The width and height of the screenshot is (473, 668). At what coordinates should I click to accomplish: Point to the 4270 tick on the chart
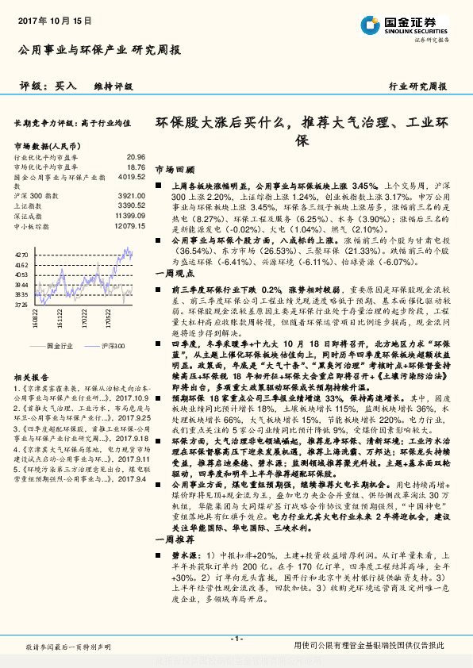pos(21,254)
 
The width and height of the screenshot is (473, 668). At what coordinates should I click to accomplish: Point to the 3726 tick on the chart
pos(21,304)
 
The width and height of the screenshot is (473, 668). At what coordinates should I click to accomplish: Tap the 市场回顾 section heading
pos(174,170)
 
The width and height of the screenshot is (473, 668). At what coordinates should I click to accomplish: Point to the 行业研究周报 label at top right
pos(417,86)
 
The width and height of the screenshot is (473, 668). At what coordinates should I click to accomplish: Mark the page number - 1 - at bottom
pos(236,639)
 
